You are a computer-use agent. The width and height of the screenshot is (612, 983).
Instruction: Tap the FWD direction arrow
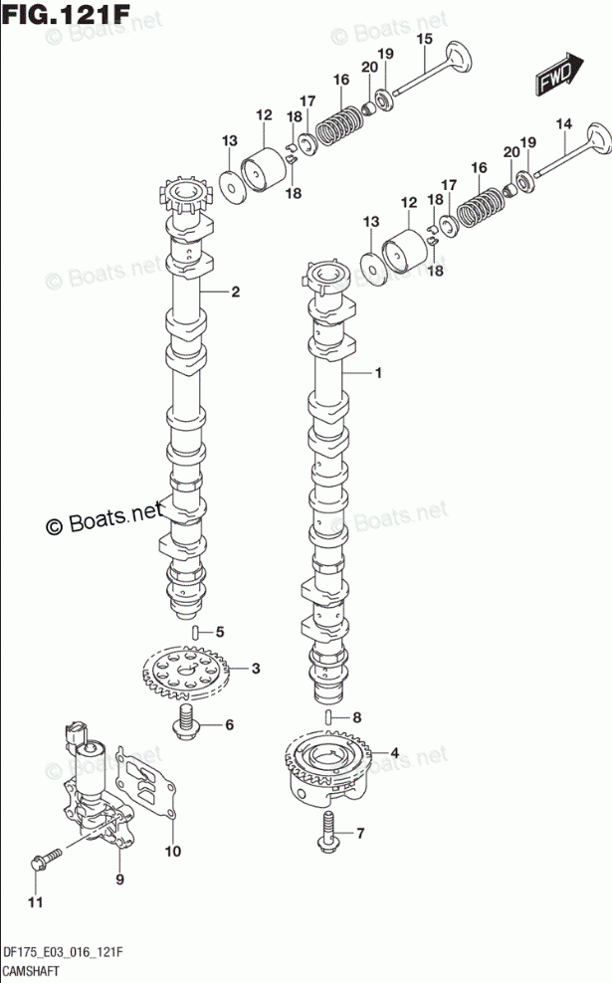557,77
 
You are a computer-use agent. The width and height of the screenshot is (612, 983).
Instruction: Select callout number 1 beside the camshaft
378,374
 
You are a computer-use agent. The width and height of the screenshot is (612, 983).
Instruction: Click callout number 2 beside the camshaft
236,292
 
